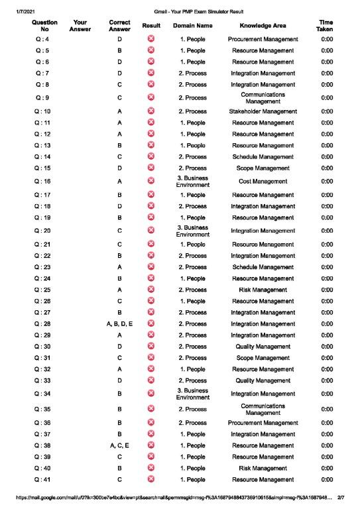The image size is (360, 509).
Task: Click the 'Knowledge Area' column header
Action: coord(263,26)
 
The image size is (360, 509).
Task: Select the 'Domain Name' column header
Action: coord(192,26)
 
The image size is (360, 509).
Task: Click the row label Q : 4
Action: coord(42,39)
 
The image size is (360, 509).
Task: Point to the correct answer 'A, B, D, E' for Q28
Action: coord(119,323)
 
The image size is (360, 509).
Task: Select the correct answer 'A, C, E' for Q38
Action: coord(119,445)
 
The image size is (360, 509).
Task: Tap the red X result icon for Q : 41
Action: coord(152,479)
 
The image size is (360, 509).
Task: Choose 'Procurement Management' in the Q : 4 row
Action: coord(263,39)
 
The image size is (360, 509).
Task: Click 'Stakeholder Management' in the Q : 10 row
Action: coord(263,111)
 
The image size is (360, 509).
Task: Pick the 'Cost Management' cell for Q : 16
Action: coord(263,181)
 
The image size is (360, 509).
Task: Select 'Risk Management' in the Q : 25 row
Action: coord(263,290)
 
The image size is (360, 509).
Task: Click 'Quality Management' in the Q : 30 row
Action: coord(263,346)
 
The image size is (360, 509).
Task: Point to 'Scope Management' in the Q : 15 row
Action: coord(263,168)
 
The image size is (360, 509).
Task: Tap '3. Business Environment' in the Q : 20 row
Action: coord(192,231)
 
